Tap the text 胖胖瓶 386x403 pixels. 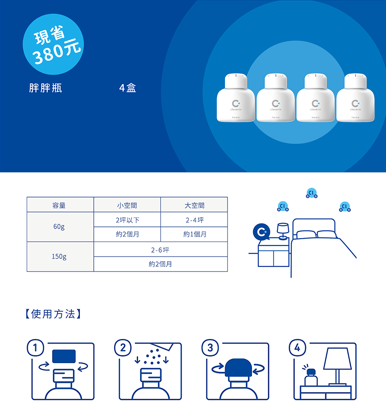point(46,88)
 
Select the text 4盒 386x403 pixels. point(128,88)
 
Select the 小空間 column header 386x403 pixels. point(127,205)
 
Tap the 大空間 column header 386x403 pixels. point(194,205)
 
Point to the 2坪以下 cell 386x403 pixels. point(127,220)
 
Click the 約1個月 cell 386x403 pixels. point(194,235)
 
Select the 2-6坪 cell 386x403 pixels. point(160,250)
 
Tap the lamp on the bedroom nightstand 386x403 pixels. point(283,230)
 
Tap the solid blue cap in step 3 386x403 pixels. point(238,367)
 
